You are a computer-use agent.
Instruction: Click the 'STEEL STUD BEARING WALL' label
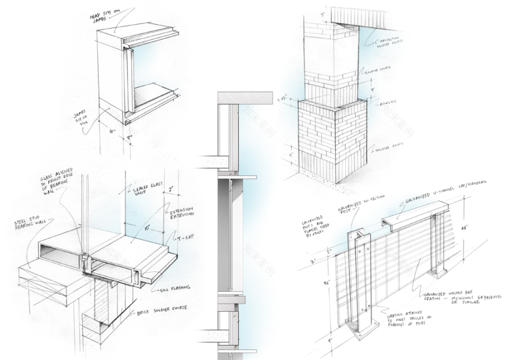pyautogui.click(x=30, y=223)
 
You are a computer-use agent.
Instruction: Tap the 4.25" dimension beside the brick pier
pyautogui.click(x=283, y=98)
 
